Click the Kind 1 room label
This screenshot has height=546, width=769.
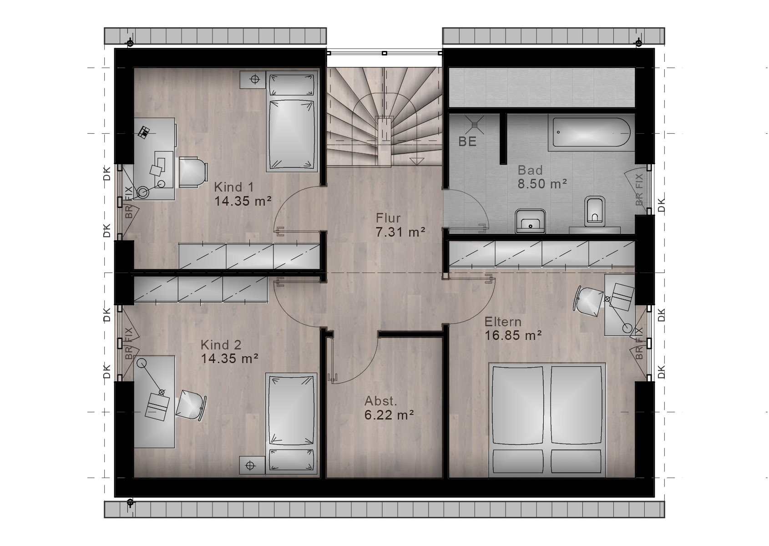point(234,187)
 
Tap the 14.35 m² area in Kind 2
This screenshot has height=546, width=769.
point(229,359)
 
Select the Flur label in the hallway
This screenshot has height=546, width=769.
point(388,218)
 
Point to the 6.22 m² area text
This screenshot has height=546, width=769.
point(389,415)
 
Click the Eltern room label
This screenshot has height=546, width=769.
point(503,322)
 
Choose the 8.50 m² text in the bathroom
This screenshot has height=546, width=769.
point(542,184)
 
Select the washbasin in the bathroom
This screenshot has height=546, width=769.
point(531,221)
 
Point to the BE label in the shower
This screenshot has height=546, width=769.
point(467,142)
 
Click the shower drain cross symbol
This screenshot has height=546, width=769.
point(475,125)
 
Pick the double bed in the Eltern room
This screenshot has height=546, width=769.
point(547,420)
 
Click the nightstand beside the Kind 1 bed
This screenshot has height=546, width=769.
point(253,80)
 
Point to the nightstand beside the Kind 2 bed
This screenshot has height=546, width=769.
point(253,465)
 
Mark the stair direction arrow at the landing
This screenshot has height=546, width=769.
point(416,161)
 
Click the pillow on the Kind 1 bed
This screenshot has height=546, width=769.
point(292,85)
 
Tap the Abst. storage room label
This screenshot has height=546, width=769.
point(381,401)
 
